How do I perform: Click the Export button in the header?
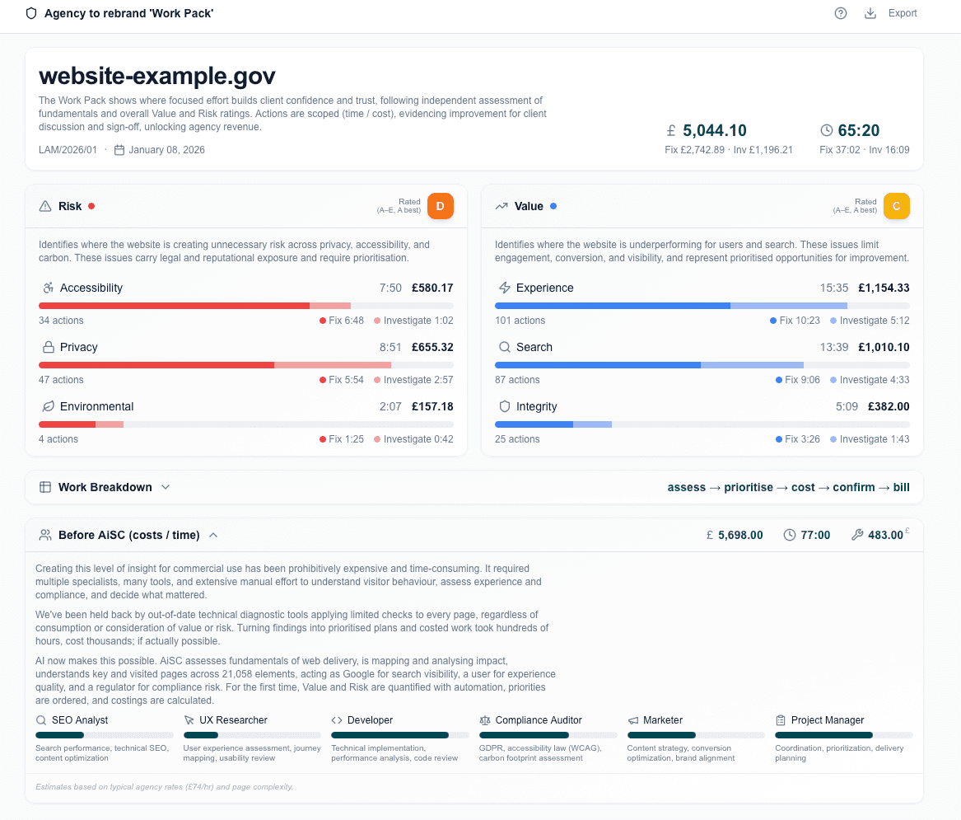click(x=892, y=13)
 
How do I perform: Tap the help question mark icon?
click(x=841, y=13)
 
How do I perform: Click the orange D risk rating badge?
click(x=440, y=206)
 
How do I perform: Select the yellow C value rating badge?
click(x=896, y=206)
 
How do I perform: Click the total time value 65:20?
click(x=858, y=130)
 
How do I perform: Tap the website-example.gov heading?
click(x=157, y=76)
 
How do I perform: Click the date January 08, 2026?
click(x=166, y=150)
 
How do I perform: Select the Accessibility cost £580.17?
click(x=432, y=288)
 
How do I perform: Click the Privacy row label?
click(x=79, y=347)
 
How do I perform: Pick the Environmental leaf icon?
click(x=48, y=406)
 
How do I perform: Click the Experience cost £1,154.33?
click(x=884, y=288)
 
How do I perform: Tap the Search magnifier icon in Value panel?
click(x=505, y=347)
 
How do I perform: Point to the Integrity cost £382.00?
click(x=889, y=406)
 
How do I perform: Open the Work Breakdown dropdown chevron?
click(x=166, y=487)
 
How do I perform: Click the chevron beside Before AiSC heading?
click(x=213, y=535)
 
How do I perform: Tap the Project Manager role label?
click(x=828, y=720)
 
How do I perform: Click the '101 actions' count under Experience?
click(x=520, y=321)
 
